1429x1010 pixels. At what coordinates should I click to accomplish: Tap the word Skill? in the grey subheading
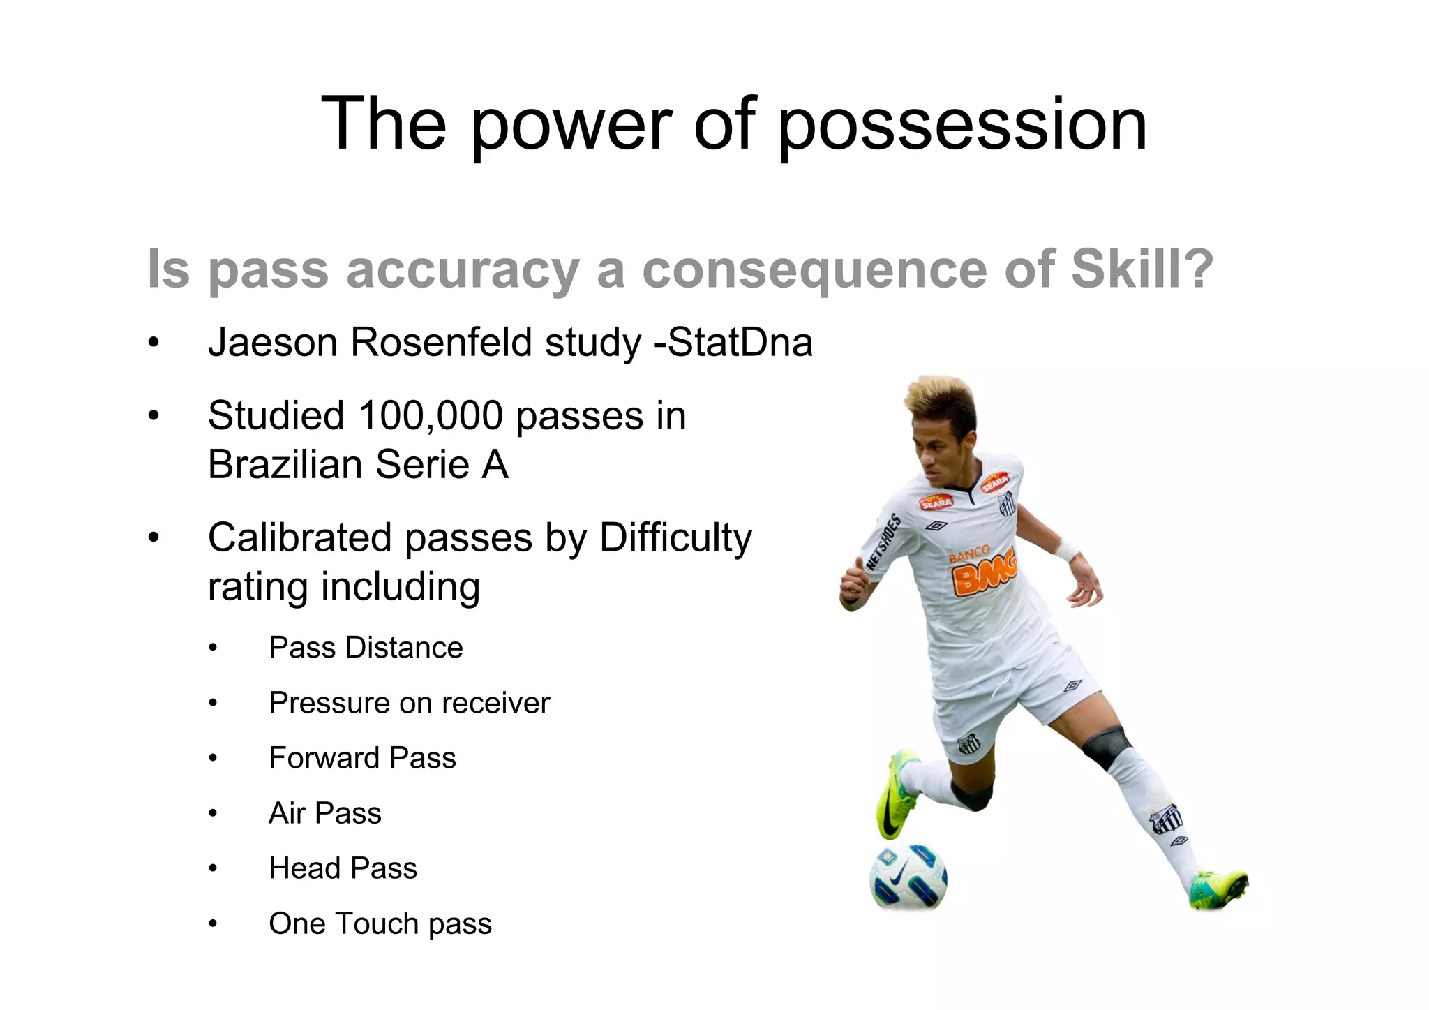pos(1142,269)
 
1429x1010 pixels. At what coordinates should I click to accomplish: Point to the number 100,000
pos(431,416)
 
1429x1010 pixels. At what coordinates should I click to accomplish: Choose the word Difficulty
pos(675,538)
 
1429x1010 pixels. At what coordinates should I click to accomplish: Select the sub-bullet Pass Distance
pos(366,648)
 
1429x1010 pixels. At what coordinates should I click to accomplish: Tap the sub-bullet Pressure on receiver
pos(409,703)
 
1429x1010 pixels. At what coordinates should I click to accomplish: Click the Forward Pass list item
pos(362,758)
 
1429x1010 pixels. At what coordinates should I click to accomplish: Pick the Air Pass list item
pos(325,813)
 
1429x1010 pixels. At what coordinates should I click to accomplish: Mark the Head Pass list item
pos(343,868)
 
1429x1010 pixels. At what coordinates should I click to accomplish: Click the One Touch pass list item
pos(380,923)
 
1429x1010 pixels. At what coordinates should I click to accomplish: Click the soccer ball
pos(908,877)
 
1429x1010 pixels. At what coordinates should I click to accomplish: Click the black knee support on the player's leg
pos(1106,747)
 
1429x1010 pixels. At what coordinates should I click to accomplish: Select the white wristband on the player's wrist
pos(1066,551)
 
